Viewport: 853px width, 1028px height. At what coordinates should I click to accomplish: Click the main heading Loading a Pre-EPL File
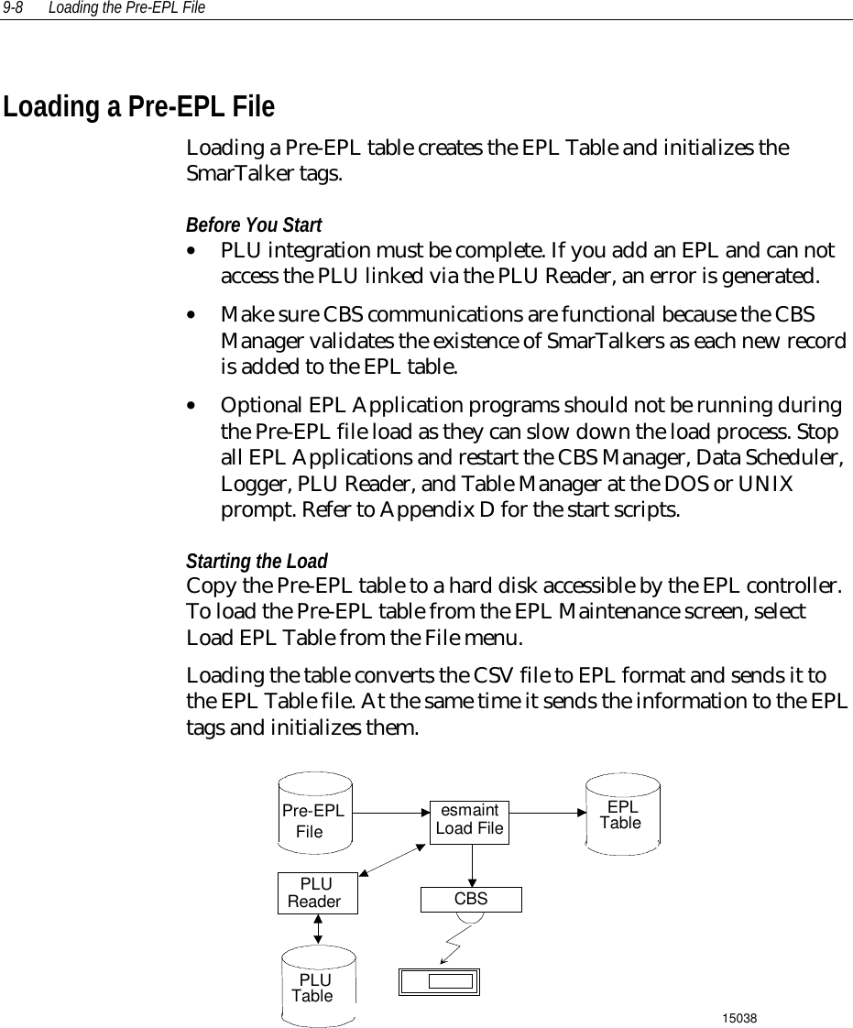pos(139,108)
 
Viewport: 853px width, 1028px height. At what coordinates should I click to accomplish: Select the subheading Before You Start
pos(254,225)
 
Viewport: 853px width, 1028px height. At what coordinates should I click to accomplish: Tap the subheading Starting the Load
pos(257,560)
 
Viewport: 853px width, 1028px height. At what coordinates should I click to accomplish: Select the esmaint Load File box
pos(470,820)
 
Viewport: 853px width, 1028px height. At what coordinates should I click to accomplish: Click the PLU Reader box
pos(317,892)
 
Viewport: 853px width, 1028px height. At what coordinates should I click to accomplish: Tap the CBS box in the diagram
pos(471,899)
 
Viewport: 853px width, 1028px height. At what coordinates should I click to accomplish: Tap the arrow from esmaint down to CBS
pos(471,864)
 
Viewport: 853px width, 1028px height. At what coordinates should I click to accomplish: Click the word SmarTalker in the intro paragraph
pos(228,175)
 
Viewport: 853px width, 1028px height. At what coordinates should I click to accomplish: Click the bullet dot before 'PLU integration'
pos(190,250)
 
